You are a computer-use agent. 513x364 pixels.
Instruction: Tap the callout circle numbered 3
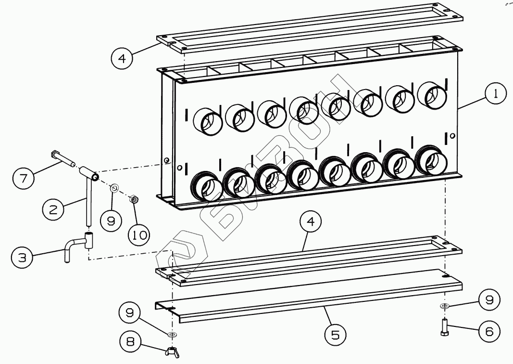[x=22, y=258]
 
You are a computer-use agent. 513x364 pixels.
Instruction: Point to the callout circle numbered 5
[x=335, y=335]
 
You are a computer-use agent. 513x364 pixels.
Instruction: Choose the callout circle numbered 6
[x=489, y=331]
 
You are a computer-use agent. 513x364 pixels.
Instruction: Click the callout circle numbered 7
[x=23, y=178]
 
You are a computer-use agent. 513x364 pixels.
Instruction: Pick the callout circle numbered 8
[x=130, y=341]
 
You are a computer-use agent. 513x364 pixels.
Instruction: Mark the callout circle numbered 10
[x=139, y=234]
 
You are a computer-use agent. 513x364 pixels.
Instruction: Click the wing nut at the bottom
[x=173, y=352]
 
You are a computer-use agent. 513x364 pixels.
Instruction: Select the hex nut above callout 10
[x=134, y=199]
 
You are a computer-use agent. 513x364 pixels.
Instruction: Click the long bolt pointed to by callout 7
[x=63, y=158]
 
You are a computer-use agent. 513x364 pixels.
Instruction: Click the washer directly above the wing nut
[x=172, y=335]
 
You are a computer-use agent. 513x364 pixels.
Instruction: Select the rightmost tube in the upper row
[x=433, y=95]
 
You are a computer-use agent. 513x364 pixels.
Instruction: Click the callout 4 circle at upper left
[x=122, y=58]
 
